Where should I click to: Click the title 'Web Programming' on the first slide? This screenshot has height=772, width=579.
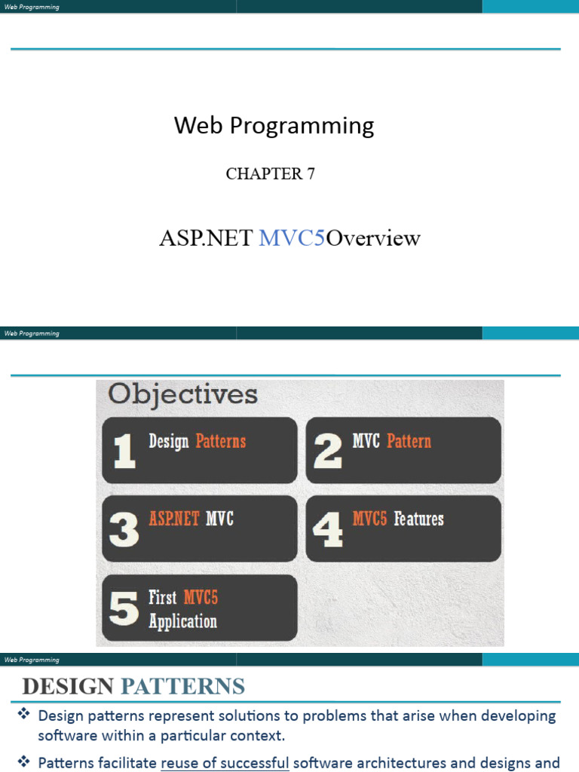[x=274, y=125]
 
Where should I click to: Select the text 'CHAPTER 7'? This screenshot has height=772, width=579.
[x=270, y=173]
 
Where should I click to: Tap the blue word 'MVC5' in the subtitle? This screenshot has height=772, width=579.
[x=292, y=238]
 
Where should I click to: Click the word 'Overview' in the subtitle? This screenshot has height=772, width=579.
[x=373, y=238]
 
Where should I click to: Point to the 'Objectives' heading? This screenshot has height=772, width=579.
[x=182, y=394]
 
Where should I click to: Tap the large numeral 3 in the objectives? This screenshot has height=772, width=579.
[x=124, y=529]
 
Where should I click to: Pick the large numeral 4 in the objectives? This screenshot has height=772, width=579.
[x=327, y=529]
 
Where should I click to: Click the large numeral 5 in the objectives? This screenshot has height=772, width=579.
[x=124, y=608]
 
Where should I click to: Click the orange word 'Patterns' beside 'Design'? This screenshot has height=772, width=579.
[x=220, y=441]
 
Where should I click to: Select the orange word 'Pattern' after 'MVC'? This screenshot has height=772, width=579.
[x=409, y=441]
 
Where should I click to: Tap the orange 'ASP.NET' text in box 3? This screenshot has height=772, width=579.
[x=174, y=519]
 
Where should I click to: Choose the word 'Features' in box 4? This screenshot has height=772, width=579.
[x=418, y=519]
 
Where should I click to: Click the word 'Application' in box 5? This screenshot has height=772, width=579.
[x=182, y=622]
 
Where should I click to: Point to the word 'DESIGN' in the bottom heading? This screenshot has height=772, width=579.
[x=68, y=686]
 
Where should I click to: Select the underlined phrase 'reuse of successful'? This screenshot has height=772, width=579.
[x=225, y=762]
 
